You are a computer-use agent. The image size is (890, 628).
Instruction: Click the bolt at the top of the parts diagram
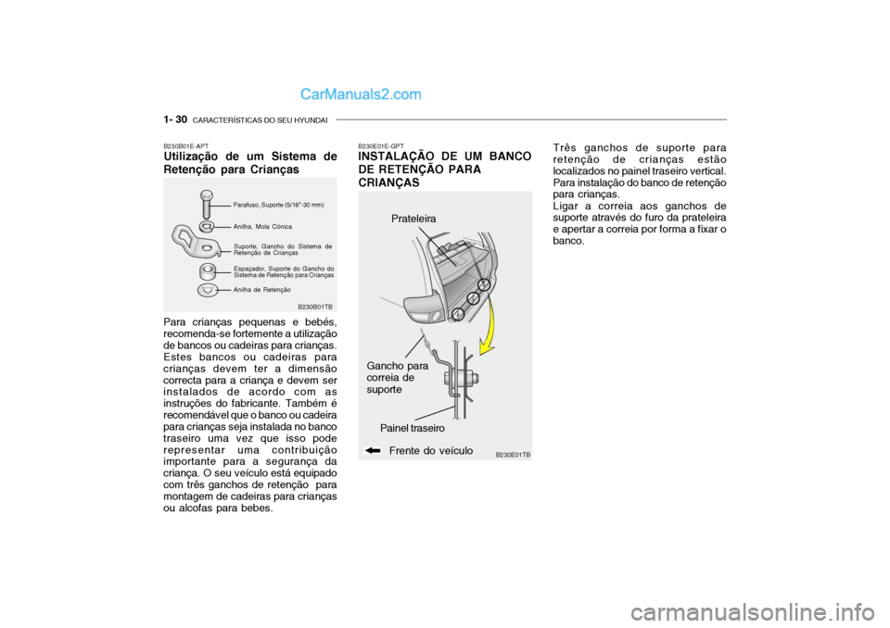(208, 200)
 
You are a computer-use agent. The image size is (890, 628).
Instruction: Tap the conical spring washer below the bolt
(209, 226)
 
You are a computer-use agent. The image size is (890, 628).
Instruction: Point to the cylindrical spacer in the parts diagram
(209, 272)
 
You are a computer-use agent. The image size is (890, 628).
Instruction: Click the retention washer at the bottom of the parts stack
(209, 289)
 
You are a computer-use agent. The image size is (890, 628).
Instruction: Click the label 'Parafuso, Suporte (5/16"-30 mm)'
(278, 204)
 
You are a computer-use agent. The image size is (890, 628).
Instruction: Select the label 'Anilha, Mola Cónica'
(263, 226)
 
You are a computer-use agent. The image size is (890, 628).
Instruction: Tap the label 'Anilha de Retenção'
(262, 290)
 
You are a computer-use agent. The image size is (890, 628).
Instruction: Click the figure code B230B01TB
(315, 306)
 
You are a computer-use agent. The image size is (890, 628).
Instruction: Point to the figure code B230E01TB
(513, 455)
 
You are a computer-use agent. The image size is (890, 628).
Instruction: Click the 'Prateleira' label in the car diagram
(413, 218)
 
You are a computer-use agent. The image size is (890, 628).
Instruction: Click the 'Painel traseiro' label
(413, 429)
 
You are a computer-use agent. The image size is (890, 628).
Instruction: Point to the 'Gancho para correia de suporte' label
(397, 378)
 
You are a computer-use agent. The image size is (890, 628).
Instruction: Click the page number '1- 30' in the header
(175, 120)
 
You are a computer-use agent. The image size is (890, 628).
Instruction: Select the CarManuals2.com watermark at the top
(361, 94)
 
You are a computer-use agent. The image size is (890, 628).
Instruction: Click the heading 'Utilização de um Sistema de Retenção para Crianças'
(250, 163)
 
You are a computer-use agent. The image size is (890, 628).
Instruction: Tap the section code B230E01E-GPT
(381, 146)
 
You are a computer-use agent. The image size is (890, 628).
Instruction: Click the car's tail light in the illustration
(422, 305)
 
